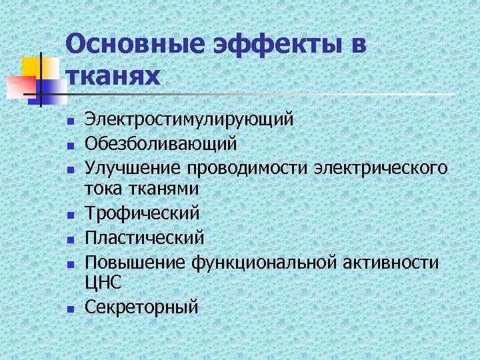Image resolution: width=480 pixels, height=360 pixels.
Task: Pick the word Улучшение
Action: coord(132,167)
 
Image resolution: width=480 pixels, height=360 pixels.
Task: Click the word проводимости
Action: coord(252,167)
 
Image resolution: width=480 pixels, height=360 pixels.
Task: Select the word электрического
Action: coord(383,167)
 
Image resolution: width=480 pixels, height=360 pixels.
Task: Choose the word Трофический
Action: coord(143,213)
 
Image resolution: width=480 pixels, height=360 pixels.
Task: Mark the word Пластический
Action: coord(145,237)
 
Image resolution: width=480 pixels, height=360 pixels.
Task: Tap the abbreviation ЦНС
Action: coord(103,283)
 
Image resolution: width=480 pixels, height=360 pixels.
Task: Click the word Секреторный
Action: coord(142,307)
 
